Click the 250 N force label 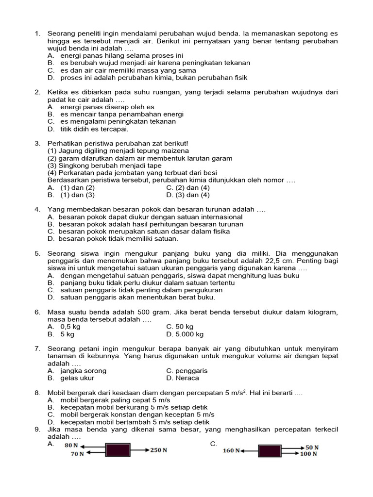[158, 450]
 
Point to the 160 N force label [231, 450]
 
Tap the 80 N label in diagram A [71, 445]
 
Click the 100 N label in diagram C [309, 454]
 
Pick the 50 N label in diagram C [312, 447]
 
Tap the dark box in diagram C [269, 450]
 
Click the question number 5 [37, 254]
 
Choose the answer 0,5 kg [70, 327]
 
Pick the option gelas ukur [77, 378]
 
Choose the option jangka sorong [83, 371]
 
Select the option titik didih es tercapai [94, 129]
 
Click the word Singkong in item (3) [74, 166]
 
